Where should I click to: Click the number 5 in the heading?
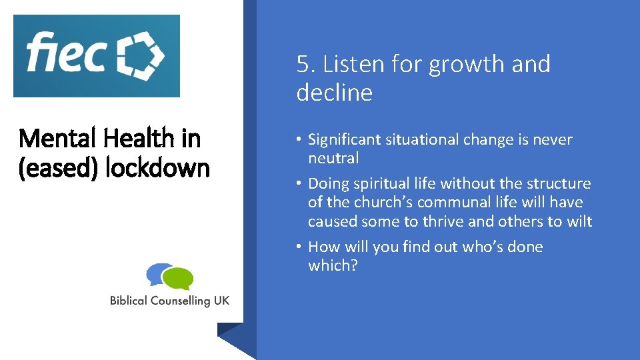pyautogui.click(x=304, y=65)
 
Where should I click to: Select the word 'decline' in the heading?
pyautogui.click(x=334, y=93)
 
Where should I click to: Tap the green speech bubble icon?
pyautogui.click(x=178, y=278)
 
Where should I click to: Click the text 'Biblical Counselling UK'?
pyautogui.click(x=169, y=301)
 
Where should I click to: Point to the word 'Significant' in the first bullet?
pyautogui.click(x=346, y=140)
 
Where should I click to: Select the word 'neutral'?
pyautogui.click(x=333, y=159)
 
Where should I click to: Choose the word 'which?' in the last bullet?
pyautogui.click(x=333, y=265)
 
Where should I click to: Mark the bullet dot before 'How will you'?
pyautogui.click(x=301, y=247)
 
